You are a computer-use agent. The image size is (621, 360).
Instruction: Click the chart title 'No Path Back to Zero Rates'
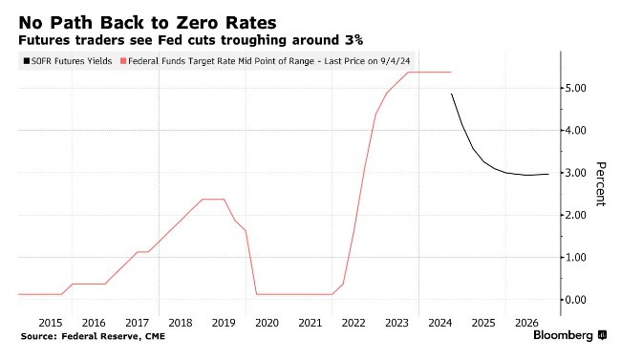click(147, 23)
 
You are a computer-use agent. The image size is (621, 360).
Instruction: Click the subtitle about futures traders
click(190, 40)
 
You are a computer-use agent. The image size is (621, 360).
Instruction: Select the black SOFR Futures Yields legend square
click(27, 61)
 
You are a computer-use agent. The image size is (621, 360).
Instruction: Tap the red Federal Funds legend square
click(123, 61)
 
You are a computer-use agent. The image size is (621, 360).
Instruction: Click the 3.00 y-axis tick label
click(575, 173)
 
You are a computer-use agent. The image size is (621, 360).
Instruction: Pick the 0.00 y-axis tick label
click(575, 300)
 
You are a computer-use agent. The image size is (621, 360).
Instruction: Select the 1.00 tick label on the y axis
click(575, 258)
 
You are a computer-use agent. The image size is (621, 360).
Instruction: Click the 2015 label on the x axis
click(51, 323)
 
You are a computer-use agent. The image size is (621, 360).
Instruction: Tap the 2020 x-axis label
click(267, 323)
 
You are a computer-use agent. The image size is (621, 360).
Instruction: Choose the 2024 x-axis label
click(440, 323)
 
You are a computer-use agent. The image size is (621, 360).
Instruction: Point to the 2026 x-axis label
click(526, 323)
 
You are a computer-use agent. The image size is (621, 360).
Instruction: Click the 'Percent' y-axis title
click(600, 183)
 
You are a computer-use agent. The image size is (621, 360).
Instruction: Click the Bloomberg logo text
click(563, 335)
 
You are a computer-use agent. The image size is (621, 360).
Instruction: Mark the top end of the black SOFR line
click(452, 95)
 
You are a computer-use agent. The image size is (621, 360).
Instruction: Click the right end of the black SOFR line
click(548, 174)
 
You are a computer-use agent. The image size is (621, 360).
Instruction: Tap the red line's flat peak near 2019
click(213, 199)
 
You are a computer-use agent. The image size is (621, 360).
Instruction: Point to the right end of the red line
click(451, 72)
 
